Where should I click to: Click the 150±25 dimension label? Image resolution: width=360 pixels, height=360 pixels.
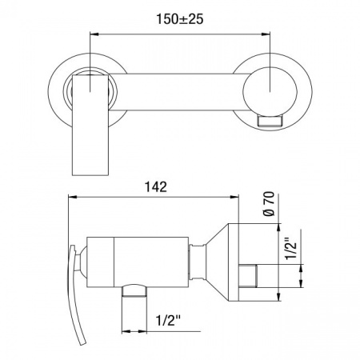coord(180,19)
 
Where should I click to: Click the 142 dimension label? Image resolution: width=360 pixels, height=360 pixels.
coord(156,187)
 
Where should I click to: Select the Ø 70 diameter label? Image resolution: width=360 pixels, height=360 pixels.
coord(269,204)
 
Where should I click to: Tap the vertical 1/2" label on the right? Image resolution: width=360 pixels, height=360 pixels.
coord(291,247)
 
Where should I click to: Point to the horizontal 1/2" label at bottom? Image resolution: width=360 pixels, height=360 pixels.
coord(168,320)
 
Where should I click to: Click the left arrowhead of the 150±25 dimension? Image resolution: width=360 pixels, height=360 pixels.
coord(94,34)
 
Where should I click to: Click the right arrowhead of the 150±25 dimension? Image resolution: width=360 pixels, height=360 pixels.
coord(266,34)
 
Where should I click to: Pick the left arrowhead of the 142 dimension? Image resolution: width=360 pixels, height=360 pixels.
coord(73,197)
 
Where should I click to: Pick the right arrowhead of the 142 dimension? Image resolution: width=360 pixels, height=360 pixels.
coord(234,197)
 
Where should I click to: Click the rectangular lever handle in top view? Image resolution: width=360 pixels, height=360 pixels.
coord(90,125)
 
